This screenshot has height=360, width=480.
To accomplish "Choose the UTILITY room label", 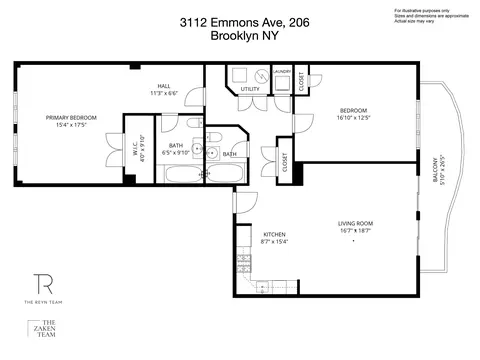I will tap(250, 90).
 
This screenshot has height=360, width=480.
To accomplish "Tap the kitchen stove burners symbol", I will tap(242, 262).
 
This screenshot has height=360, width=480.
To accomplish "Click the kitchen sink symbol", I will tap(242, 283).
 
